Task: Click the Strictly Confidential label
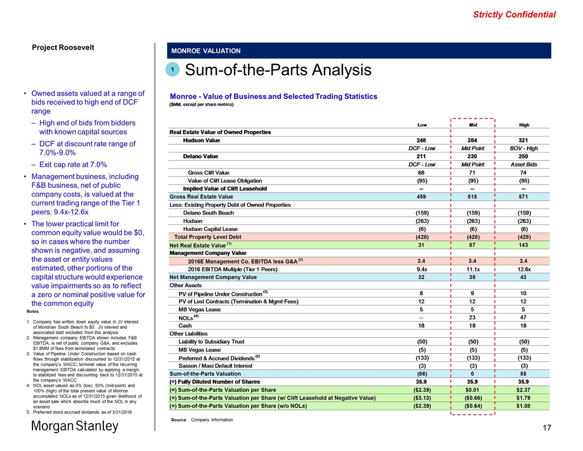pyautogui.click(x=515, y=14)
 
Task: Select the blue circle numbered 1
pyautogui.click(x=172, y=70)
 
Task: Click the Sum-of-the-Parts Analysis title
pyautogui.click(x=278, y=70)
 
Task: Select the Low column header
pyautogui.click(x=422, y=124)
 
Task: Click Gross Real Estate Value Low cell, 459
pyautogui.click(x=422, y=196)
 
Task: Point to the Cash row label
pyautogui.click(x=185, y=326)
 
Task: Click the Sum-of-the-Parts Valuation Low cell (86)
pyautogui.click(x=422, y=374)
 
